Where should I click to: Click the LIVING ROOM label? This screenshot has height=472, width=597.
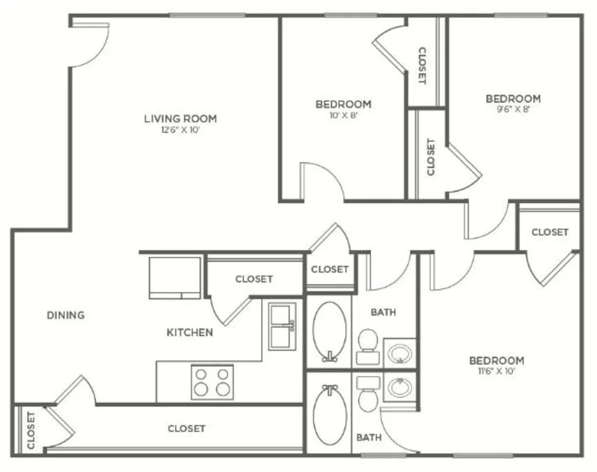click(181, 119)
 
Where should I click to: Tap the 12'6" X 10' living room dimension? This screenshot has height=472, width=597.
click(181, 130)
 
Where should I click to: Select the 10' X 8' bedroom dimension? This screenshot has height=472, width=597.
click(343, 115)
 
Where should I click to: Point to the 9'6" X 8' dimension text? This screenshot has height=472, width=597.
click(513, 110)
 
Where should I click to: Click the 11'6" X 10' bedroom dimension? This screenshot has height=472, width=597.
click(497, 371)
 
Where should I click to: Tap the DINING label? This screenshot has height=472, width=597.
click(65, 315)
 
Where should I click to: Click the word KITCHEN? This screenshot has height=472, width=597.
click(189, 332)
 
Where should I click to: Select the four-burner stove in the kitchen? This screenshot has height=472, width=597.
click(212, 382)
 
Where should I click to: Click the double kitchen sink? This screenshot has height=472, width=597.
click(282, 326)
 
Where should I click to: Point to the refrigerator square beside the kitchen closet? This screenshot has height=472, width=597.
click(175, 278)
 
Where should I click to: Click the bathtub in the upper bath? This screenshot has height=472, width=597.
click(330, 331)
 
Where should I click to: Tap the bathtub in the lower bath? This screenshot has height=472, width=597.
click(330, 414)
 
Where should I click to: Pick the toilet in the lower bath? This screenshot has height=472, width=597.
click(368, 395)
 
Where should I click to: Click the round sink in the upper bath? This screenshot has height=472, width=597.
click(400, 354)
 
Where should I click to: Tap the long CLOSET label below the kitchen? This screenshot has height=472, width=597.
click(187, 429)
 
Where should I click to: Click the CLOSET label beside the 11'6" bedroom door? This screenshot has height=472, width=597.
click(550, 232)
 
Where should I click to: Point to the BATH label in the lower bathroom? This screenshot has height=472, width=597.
click(369, 438)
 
